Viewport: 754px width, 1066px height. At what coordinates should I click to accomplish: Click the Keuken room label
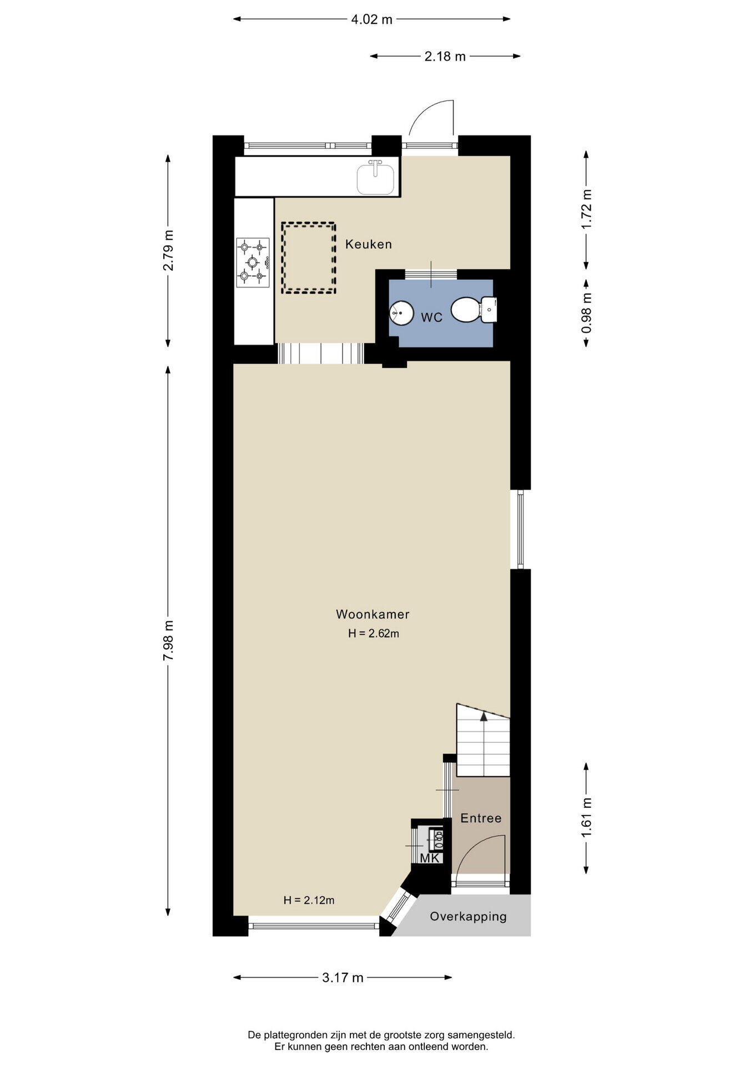click(368, 244)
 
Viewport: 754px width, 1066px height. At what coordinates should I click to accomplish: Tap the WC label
click(431, 318)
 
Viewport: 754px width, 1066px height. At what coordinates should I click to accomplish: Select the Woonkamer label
click(373, 615)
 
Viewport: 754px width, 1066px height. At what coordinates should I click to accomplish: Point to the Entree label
click(481, 818)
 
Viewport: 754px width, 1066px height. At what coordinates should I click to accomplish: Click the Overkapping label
click(468, 917)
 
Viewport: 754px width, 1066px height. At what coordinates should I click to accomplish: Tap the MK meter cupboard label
click(430, 858)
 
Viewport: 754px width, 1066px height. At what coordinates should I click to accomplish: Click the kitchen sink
click(376, 177)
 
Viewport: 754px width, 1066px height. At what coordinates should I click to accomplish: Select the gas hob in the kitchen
click(253, 263)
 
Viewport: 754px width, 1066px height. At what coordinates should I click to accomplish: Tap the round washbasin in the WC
click(401, 313)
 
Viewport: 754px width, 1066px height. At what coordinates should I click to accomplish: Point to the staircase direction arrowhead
click(484, 716)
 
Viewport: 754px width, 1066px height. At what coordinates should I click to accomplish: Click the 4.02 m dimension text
click(371, 20)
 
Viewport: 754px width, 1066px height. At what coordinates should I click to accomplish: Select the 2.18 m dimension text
click(445, 56)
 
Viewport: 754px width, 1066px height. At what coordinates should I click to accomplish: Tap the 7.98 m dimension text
click(168, 640)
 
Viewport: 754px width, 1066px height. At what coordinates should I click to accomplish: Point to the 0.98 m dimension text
click(586, 313)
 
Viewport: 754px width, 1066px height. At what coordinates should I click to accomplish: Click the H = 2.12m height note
click(309, 901)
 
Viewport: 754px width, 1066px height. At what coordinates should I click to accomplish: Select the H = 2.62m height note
click(374, 633)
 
